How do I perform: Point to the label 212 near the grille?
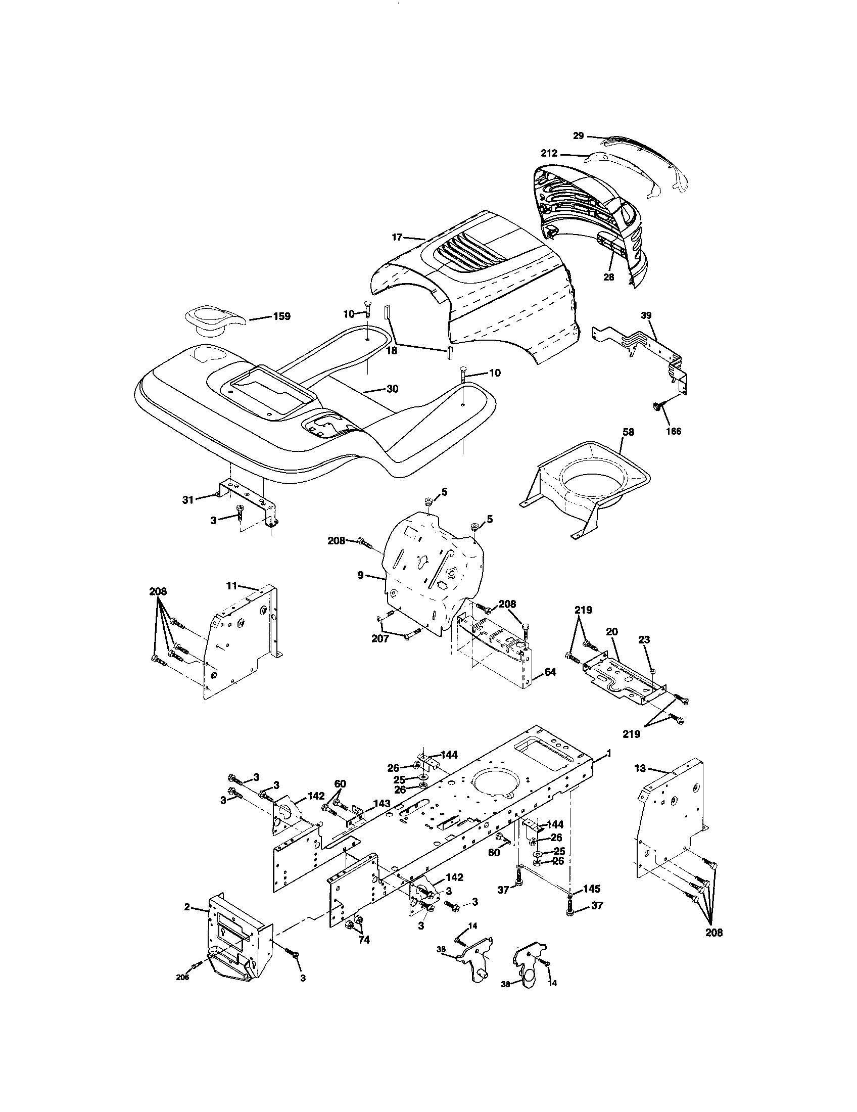click(550, 153)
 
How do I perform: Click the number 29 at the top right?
click(578, 135)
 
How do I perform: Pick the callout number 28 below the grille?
click(609, 277)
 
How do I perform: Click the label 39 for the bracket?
click(646, 315)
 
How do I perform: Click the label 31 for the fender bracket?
click(188, 500)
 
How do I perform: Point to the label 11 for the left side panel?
click(232, 586)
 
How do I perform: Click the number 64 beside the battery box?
click(550, 672)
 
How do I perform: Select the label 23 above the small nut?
click(644, 640)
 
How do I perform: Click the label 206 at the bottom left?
click(182, 992)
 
